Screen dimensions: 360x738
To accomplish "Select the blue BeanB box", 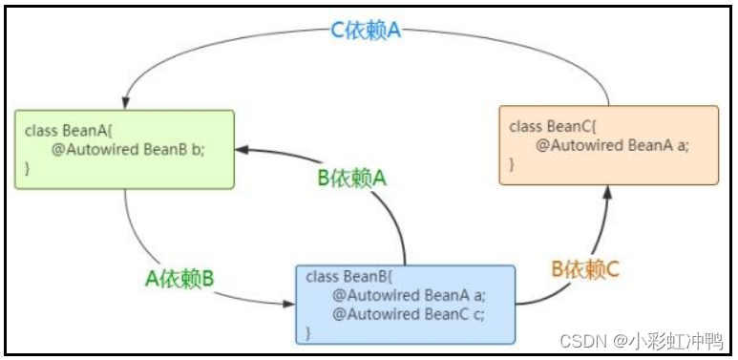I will point(406,305).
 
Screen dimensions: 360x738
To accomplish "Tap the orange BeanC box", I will point(608,144).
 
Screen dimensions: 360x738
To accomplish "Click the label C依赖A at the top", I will point(366,31).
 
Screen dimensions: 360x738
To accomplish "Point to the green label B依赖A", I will point(352,178).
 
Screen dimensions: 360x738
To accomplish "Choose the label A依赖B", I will point(179,278).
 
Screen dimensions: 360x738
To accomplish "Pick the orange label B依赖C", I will point(586,269).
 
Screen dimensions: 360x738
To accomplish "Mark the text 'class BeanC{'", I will point(551,126).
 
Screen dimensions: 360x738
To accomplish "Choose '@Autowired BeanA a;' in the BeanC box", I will point(612,145).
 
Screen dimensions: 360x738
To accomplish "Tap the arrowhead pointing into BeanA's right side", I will point(243,149).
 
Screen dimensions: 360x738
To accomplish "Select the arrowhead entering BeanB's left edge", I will point(289,305).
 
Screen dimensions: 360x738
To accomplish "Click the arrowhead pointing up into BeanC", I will point(607,191).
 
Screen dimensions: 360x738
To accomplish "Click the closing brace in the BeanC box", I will point(512,164).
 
